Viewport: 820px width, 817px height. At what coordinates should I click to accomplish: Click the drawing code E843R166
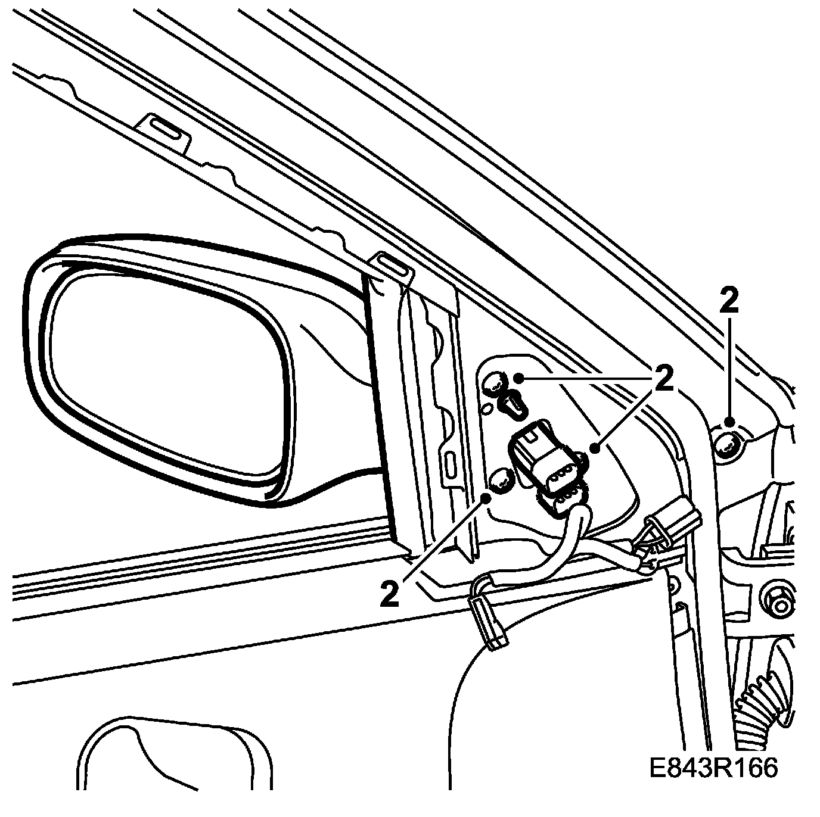pos(713,768)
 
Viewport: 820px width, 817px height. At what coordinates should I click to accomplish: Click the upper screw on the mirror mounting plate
pos(495,383)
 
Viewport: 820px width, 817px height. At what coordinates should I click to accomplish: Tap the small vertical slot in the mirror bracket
pos(451,463)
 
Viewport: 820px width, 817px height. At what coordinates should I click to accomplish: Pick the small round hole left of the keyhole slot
pos(487,408)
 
